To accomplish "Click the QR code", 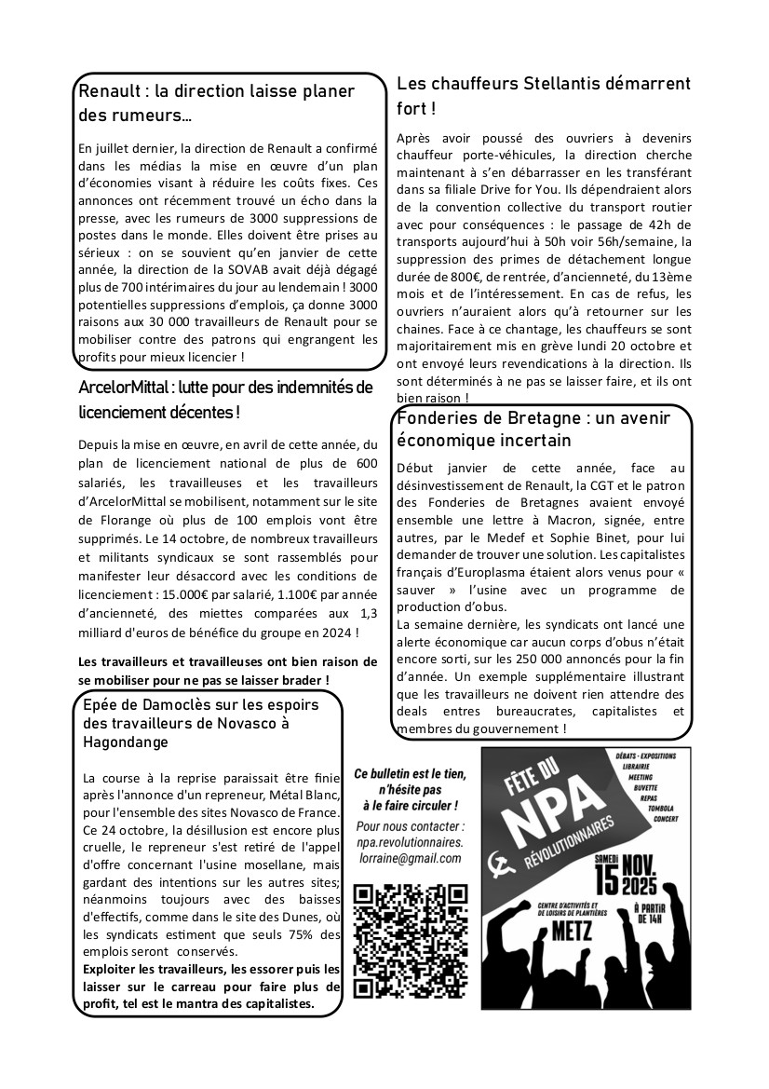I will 411,941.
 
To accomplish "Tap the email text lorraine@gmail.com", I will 411,858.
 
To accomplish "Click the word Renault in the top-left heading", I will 109,91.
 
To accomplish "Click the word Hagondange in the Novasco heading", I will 126,742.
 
